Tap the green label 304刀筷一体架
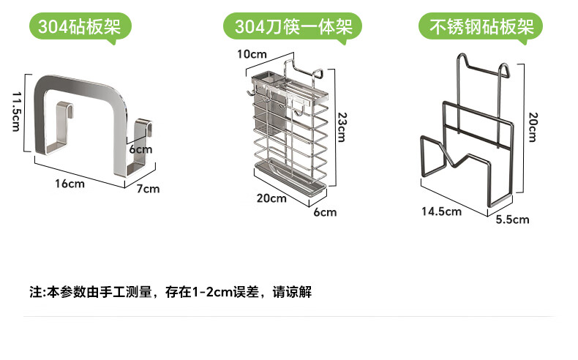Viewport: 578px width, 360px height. (293, 28)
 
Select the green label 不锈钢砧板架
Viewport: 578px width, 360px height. (481, 28)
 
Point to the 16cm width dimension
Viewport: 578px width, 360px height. (70, 184)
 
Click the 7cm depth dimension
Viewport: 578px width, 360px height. (149, 189)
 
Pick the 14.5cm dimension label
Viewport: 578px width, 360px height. (441, 211)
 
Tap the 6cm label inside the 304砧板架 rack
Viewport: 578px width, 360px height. (140, 149)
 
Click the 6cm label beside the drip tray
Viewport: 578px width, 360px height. (325, 212)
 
